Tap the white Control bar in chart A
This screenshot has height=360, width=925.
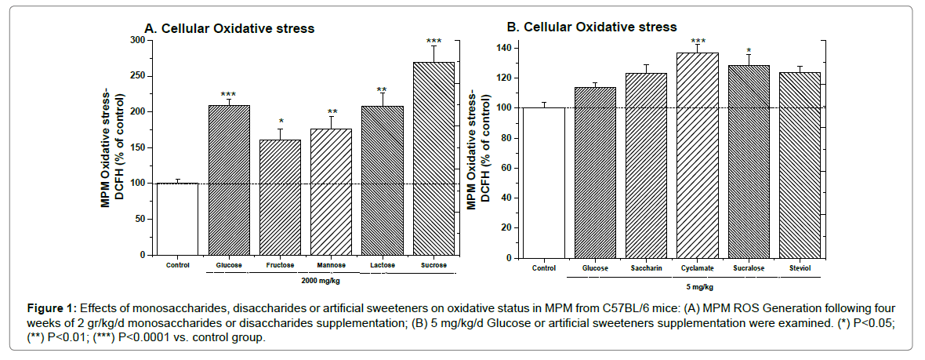pos(177,219)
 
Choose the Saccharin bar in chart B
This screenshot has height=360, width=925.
pos(646,165)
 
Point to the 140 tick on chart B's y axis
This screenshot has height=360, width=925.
pos(506,49)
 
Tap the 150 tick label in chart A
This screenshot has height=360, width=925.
pos(137,147)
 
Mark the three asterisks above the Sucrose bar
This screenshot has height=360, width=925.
pos(433,41)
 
